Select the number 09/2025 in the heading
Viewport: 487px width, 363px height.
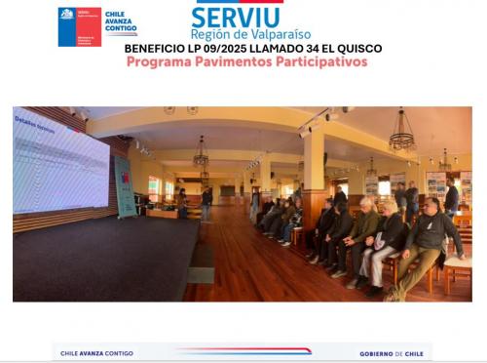point(225,48)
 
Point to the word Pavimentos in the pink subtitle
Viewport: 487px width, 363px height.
point(227,60)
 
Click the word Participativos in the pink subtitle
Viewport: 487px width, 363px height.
point(319,60)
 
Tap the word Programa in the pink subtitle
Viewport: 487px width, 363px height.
point(157,60)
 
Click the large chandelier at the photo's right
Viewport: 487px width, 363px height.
point(401,137)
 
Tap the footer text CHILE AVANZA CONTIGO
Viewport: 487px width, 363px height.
point(98,353)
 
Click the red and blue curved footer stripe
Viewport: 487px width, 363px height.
point(243,351)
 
